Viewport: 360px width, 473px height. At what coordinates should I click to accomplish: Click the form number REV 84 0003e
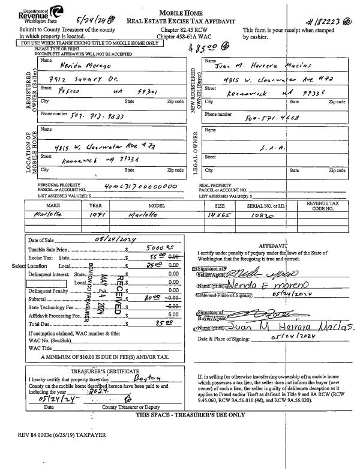click(x=63, y=433)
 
